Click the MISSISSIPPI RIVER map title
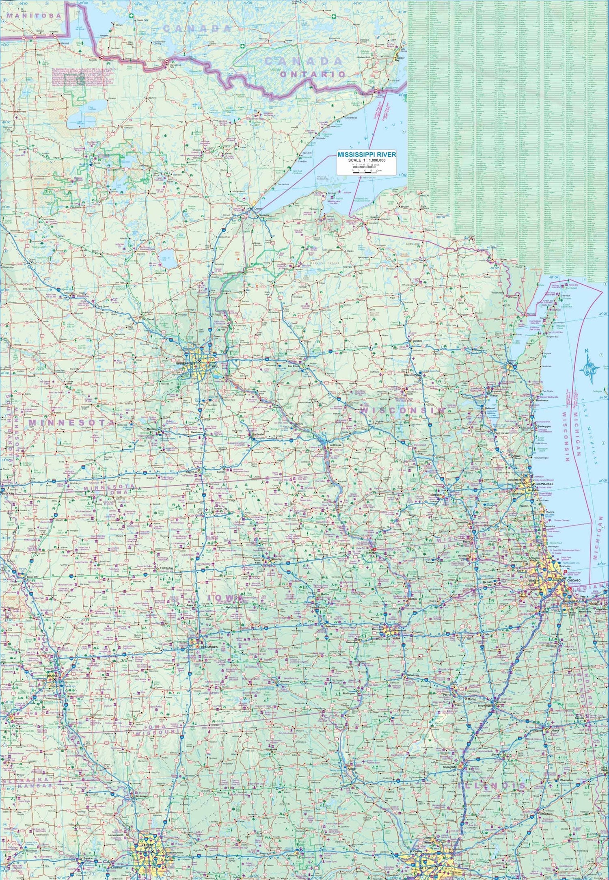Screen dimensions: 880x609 366,155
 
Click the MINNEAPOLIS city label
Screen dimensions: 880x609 186,363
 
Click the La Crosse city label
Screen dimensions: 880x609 336,445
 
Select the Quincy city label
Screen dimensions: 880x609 352,769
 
